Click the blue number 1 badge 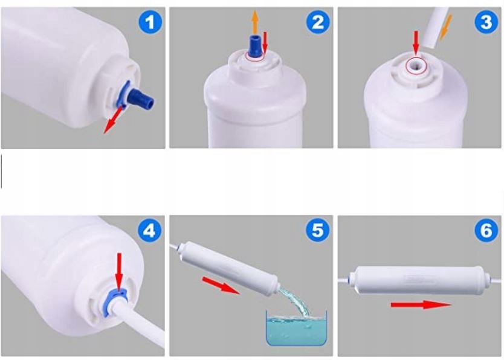150,22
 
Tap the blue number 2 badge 318,22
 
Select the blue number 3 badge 486,22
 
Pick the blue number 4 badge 150,230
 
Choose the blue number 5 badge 318,230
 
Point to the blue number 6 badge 486,230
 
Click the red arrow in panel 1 112,120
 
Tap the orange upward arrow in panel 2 255,22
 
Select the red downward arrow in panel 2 265,42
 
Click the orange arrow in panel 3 445,28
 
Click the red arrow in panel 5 221,285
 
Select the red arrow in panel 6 421,304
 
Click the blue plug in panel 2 255,48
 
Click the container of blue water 296,327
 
